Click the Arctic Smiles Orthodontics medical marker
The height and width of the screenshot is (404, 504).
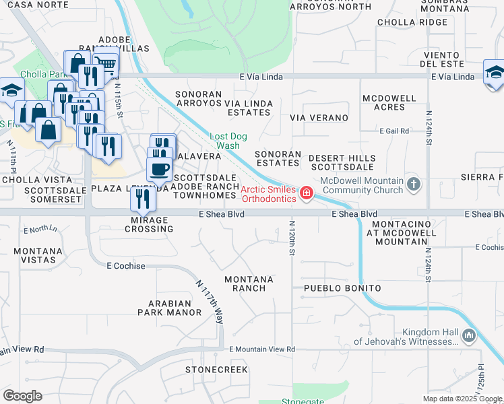307,194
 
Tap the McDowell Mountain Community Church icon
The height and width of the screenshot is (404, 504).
414,183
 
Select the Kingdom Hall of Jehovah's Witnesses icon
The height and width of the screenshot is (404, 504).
469,335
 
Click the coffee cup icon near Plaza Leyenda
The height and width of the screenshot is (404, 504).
159,168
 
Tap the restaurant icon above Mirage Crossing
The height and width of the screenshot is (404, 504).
142,198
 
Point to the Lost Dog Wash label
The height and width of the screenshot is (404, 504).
228,141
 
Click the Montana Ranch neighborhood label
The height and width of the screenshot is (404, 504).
249,283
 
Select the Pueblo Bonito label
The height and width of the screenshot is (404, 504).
342,288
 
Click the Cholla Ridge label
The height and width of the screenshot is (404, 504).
412,22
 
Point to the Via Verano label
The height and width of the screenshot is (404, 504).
319,118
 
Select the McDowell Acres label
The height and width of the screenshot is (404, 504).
389,102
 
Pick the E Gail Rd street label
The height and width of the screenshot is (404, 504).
394,131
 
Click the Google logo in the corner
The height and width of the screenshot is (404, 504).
22,396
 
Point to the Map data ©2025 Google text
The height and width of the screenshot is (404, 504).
462,399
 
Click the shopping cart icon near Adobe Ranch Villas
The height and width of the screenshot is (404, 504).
105,65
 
